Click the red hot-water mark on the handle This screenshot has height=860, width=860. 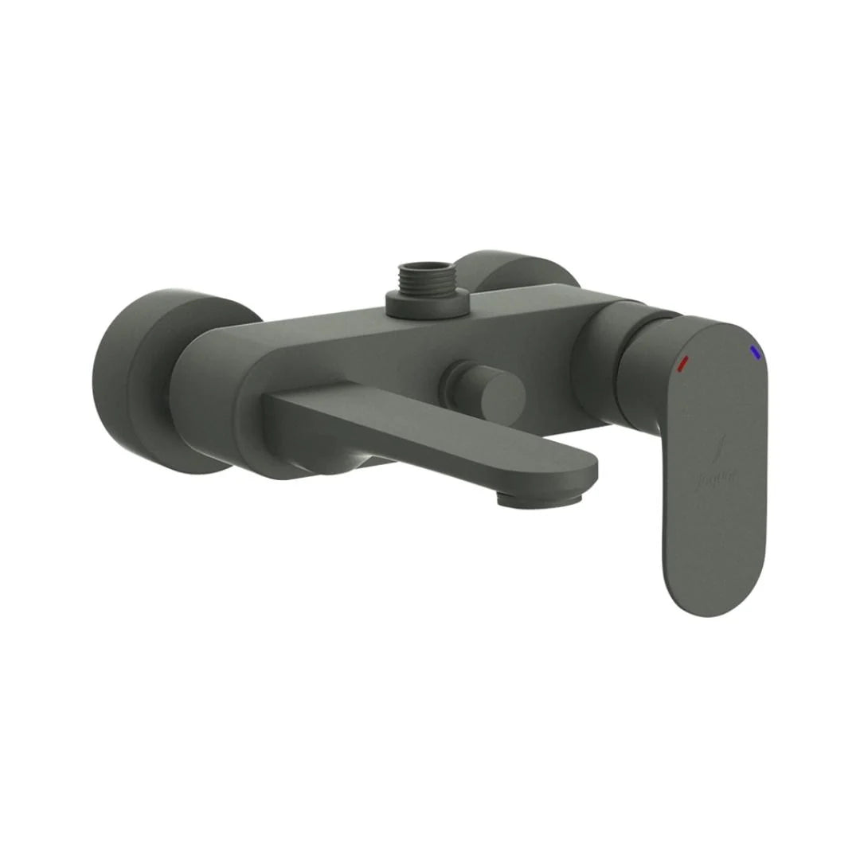682,364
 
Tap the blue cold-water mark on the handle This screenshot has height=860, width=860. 753,351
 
